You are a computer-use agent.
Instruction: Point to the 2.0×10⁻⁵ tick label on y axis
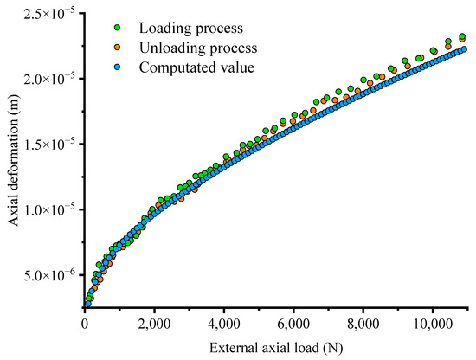tap(51, 78)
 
